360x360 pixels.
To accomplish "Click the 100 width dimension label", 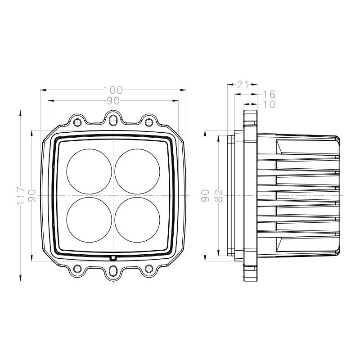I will (x=113, y=90).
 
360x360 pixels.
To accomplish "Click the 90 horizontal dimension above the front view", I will (x=113, y=101).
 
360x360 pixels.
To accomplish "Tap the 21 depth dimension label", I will (x=243, y=84).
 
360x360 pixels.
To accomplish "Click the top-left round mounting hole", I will (x=77, y=122).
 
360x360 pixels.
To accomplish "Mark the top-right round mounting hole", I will (x=148, y=122).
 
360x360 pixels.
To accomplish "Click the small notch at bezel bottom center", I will (x=113, y=258).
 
